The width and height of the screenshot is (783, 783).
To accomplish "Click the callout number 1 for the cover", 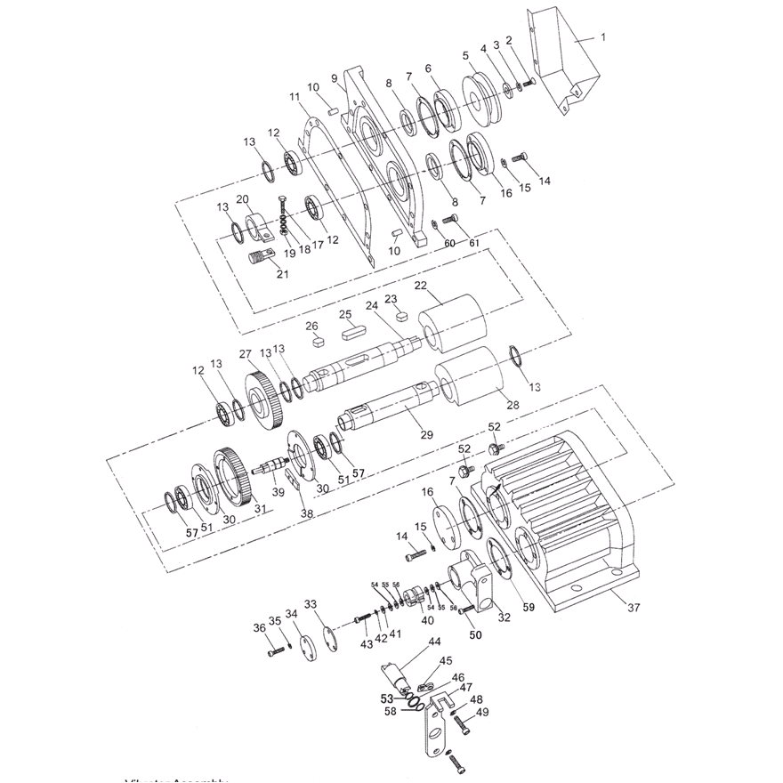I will (x=602, y=37).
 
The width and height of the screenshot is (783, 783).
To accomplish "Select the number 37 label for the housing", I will (x=634, y=609).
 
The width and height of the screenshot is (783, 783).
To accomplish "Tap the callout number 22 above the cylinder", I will (x=421, y=287).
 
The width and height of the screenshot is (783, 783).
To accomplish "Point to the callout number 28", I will (x=513, y=405).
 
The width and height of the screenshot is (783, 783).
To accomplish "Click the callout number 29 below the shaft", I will (x=426, y=434).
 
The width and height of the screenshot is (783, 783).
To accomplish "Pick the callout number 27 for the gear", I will (x=245, y=354).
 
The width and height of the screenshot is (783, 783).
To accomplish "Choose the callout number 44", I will (x=434, y=642).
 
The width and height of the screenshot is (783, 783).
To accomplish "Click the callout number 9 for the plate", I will (x=334, y=77).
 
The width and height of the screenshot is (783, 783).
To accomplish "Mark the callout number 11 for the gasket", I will (x=295, y=96).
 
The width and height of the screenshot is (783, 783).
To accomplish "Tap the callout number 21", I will (x=282, y=274).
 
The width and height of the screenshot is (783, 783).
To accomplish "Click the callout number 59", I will (x=529, y=609).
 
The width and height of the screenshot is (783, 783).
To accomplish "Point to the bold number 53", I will (x=386, y=698).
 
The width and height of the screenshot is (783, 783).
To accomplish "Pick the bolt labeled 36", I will (x=274, y=652).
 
